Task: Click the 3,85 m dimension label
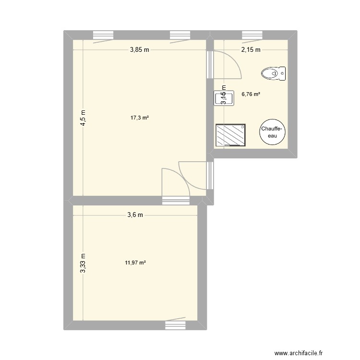click(139, 49)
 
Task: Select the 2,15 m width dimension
click(251, 49)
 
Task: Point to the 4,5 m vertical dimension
click(83, 118)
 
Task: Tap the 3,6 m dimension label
click(135, 215)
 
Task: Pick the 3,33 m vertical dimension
click(83, 264)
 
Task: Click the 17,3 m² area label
click(140, 118)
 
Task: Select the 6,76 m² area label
click(251, 95)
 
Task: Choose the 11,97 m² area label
click(135, 263)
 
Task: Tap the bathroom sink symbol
click(223, 98)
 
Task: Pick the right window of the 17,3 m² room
click(180, 35)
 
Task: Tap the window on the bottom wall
click(175, 325)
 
